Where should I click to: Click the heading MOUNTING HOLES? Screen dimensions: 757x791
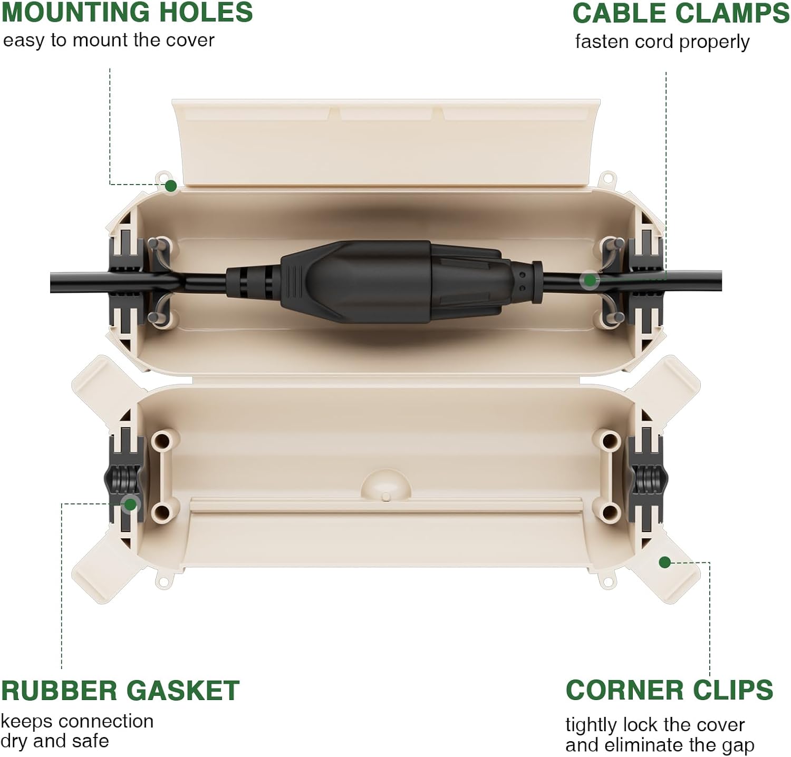click(x=127, y=13)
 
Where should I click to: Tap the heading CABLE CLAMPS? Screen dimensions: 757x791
click(x=680, y=14)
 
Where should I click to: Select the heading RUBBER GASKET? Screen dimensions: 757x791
click(x=120, y=691)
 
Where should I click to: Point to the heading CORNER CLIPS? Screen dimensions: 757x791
click(x=669, y=690)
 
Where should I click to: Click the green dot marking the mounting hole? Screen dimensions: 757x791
click(x=171, y=186)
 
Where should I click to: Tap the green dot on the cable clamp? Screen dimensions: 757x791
click(x=590, y=280)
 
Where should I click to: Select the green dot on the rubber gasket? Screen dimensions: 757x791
click(x=130, y=504)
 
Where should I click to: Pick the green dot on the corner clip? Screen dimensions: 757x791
click(x=665, y=562)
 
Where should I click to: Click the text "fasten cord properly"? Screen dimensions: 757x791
click(x=662, y=42)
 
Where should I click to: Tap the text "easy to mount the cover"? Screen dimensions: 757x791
click(x=109, y=40)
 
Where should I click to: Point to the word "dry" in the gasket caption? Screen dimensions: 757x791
click(x=14, y=741)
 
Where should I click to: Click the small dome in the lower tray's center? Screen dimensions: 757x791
click(x=386, y=484)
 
